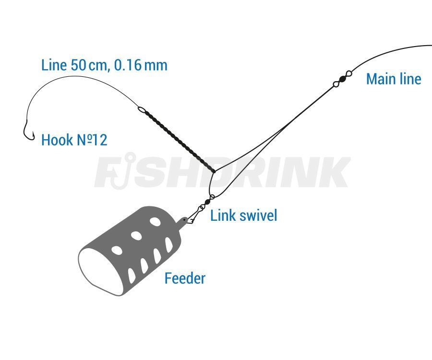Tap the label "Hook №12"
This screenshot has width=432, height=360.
pyautogui.click(x=74, y=140)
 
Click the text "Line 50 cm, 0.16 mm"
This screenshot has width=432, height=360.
pyautogui.click(x=104, y=65)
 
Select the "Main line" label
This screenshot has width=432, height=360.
pyautogui.click(x=394, y=79)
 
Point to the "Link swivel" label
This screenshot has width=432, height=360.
pyautogui.click(x=243, y=215)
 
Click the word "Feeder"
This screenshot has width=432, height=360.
pyautogui.click(x=185, y=278)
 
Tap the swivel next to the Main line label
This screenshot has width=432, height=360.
pyautogui.click(x=342, y=79)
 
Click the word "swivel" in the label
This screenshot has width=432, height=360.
pyautogui.click(x=258, y=215)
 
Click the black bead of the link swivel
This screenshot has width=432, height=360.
pyautogui.click(x=207, y=202)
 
